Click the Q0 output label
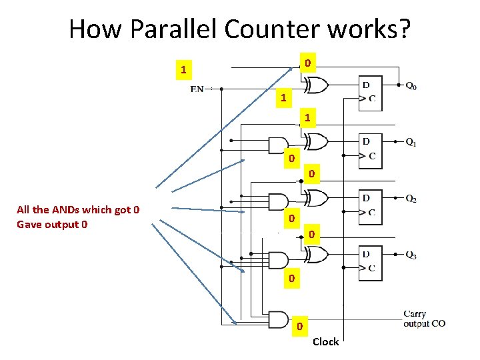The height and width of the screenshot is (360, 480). click(412, 86)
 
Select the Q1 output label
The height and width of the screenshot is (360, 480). click(412, 142)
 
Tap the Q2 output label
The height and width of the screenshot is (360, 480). click(412, 199)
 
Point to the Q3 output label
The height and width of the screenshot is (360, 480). click(412, 255)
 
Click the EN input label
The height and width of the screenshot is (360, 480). click(197, 89)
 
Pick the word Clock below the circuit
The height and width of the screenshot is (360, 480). click(325, 342)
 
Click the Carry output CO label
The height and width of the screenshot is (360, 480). click(424, 319)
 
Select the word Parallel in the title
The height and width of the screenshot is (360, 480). click(173, 29)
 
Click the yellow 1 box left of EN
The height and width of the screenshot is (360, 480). click(183, 69)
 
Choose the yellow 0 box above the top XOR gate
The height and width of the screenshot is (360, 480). click(307, 64)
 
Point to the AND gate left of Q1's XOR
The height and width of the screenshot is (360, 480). click(277, 145)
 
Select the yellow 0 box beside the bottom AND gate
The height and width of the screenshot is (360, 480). click(299, 327)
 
